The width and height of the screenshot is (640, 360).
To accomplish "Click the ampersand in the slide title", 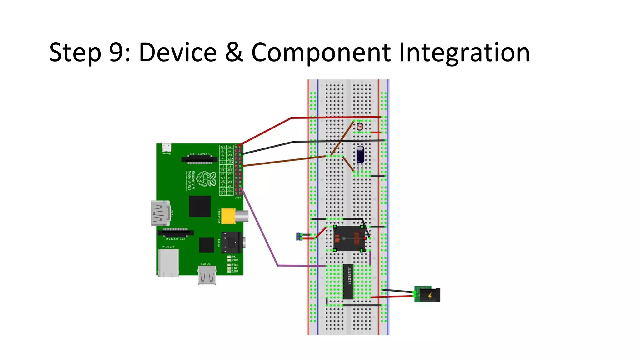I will tap(234, 52).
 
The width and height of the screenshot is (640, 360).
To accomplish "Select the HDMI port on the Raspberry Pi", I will tap(161, 213).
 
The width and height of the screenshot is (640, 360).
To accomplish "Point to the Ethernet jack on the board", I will tap(168, 263).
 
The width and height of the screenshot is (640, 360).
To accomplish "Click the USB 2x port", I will tap(207, 276).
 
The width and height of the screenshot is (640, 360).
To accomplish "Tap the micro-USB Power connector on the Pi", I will tap(166, 147).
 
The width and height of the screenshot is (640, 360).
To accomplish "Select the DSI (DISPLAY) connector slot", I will tap(199, 160).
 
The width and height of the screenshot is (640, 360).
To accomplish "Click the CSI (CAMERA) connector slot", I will tap(176, 233).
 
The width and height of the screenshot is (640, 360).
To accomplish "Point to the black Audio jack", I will tap(232, 242).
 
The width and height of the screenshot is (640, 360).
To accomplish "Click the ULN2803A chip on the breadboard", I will tap(348, 282).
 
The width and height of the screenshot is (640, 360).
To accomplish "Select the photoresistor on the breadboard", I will tap(360, 127).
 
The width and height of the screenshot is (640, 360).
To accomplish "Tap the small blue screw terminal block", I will tap(299, 237).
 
